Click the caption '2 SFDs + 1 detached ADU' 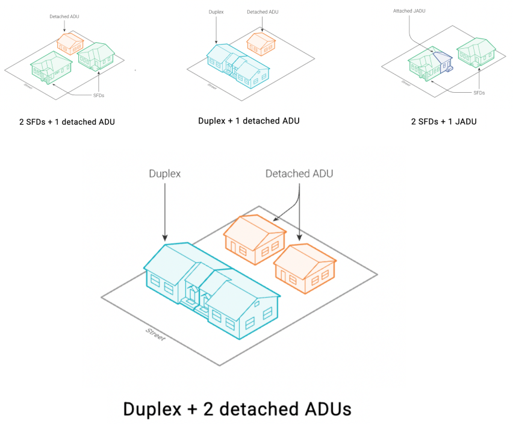(67, 122)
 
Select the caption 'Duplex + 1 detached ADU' (249, 121)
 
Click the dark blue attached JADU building (446, 63)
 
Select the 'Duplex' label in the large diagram (165, 174)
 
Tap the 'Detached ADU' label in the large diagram (299, 174)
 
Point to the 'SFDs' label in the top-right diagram (479, 93)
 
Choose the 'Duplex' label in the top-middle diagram (216, 11)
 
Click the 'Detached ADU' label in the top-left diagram (64, 16)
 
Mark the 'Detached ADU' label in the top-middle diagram (262, 11)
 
